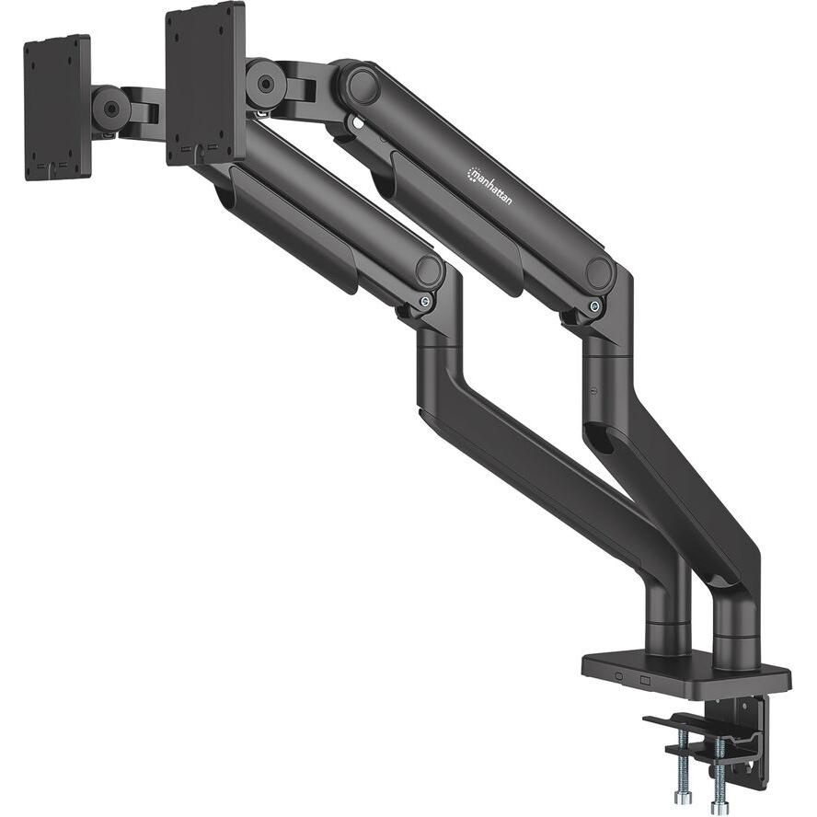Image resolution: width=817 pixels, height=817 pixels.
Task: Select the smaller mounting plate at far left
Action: point(57,107)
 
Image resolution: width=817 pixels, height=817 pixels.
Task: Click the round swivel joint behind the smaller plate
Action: point(110,109)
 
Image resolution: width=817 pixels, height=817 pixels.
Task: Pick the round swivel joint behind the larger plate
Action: point(265,83)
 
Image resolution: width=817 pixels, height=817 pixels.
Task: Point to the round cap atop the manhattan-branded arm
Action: point(362,86)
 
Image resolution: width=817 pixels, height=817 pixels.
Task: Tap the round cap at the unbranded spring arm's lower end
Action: point(428,270)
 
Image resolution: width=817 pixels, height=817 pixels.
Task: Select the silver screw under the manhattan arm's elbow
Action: point(596,306)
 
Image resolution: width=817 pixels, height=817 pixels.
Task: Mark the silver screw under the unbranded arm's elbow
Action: point(424,301)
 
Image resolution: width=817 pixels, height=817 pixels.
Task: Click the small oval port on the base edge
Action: point(618,679)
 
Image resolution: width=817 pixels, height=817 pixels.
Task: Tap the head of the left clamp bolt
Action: point(683,797)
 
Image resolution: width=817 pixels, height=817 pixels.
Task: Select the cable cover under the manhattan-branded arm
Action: point(451,221)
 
